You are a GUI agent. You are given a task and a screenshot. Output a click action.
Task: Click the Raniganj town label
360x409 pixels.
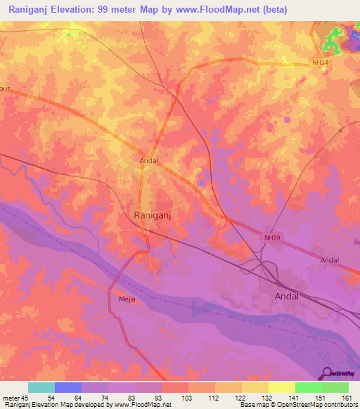(x=153, y=217)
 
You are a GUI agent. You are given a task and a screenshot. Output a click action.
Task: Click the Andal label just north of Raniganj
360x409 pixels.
(x=148, y=160)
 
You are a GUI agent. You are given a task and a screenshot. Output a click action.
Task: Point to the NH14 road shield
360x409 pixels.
(x=321, y=63)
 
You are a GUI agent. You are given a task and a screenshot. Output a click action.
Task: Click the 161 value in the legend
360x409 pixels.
(x=347, y=397)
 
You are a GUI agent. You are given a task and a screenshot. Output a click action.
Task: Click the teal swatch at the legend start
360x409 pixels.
(x=41, y=387)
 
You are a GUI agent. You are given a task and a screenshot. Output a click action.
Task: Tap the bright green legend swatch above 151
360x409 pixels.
(x=308, y=387)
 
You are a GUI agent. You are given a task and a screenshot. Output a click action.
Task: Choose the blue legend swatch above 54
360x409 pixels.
(x=68, y=387)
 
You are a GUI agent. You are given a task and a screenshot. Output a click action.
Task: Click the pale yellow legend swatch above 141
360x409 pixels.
(x=281, y=387)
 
